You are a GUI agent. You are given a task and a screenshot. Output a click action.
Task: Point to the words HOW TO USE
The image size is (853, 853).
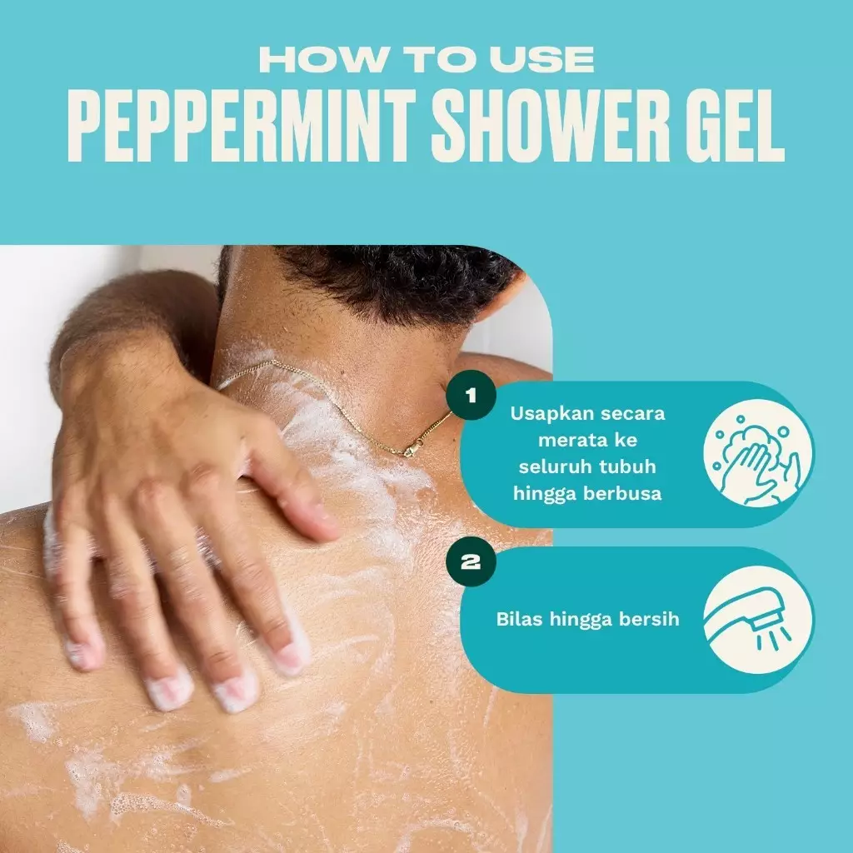click(426, 59)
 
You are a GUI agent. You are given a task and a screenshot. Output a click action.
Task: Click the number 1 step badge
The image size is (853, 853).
click(471, 395)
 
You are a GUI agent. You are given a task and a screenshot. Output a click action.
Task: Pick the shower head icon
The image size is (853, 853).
click(758, 619)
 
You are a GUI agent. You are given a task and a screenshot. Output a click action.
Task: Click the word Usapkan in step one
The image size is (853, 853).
click(546, 413)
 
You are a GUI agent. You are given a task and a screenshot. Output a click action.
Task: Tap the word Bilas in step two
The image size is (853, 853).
click(517, 619)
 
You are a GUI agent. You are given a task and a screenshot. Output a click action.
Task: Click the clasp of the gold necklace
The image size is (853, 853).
click(410, 451)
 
